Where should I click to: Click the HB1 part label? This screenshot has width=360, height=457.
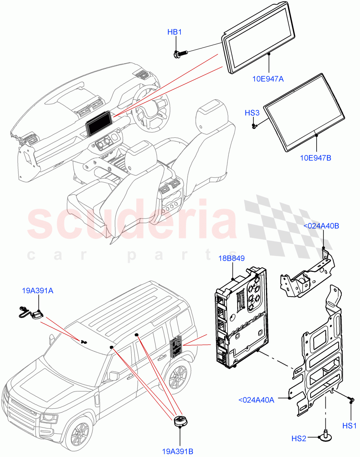[x=175, y=32]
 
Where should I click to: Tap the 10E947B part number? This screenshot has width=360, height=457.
[x=315, y=158]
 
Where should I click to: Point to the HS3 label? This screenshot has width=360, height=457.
[x=252, y=113]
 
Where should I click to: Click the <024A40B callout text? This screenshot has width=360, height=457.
[x=321, y=226]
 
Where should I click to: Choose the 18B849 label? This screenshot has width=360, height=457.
[x=231, y=259]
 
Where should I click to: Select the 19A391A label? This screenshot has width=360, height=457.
[x=37, y=291]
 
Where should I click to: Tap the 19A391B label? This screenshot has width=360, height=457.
[x=177, y=452]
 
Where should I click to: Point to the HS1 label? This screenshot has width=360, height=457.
[x=349, y=425]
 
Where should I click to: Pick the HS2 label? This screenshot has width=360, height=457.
[x=299, y=439]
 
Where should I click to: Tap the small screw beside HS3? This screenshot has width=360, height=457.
[x=254, y=125]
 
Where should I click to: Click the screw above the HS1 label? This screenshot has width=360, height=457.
[x=351, y=399]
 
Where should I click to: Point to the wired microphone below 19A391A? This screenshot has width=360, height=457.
[x=30, y=313]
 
